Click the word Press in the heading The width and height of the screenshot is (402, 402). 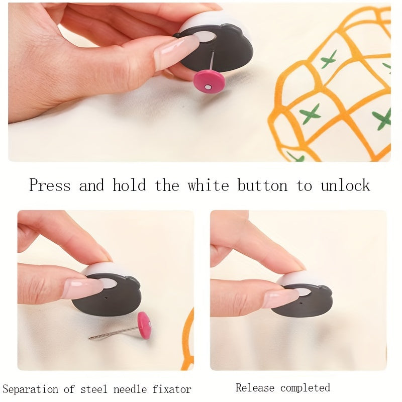pyautogui.click(x=49, y=185)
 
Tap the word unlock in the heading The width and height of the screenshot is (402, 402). pyautogui.click(x=345, y=185)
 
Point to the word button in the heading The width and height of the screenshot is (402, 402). pyautogui.click(x=262, y=185)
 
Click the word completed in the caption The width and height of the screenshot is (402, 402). pyautogui.click(x=305, y=388)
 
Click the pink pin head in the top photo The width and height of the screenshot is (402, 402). pyautogui.click(x=209, y=81)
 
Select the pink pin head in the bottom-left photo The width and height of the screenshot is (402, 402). pyautogui.click(x=144, y=325)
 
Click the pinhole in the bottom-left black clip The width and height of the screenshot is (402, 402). pyautogui.click(x=107, y=297)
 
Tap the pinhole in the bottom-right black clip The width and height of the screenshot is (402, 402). pyautogui.click(x=300, y=304)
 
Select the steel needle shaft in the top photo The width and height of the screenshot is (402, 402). pyautogui.click(x=213, y=60)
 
